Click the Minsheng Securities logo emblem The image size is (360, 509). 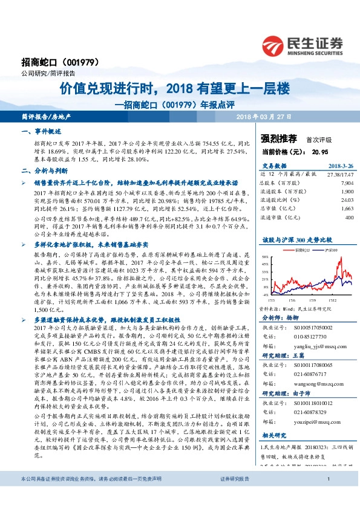tap(274, 45)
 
